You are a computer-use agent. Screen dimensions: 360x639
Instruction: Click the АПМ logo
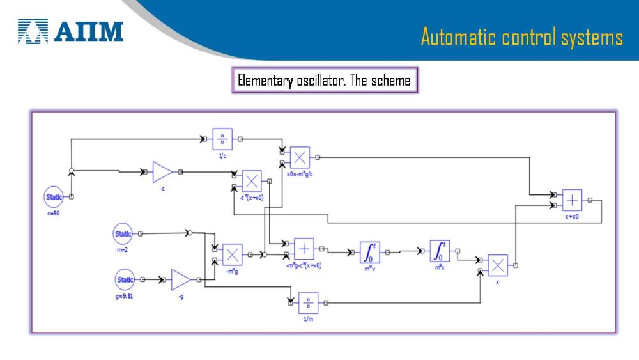70,31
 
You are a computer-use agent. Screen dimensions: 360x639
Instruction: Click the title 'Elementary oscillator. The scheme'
324,81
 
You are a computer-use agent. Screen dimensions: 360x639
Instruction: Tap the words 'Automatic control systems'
521,37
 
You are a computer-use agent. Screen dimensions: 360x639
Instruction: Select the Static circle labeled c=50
54,197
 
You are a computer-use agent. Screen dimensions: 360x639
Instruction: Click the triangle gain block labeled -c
162,172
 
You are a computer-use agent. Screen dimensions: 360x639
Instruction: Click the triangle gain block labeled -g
182,280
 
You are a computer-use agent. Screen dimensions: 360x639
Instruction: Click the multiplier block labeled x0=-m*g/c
300,157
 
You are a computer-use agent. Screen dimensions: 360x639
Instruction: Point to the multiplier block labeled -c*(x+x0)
252,181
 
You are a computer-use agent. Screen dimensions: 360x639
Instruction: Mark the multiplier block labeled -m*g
232,254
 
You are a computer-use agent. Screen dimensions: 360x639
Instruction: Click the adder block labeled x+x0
572,200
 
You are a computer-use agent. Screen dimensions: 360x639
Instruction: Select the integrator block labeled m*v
369,253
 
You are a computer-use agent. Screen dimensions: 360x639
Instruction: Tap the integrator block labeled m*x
440,253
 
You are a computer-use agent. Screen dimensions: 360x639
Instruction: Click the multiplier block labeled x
498,265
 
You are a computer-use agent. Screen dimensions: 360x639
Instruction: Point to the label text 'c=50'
54,214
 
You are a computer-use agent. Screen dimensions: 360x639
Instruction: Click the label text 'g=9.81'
124,297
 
